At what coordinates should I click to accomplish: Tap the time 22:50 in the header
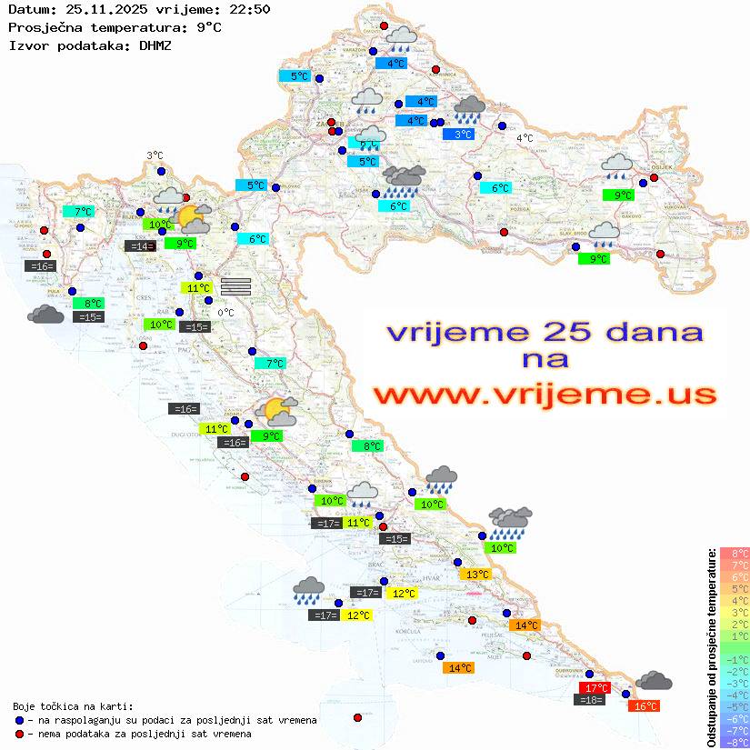(x=251, y=10)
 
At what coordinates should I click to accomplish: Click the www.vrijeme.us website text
(x=544, y=395)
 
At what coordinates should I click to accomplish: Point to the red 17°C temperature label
(x=595, y=688)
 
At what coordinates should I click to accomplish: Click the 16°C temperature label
(x=644, y=706)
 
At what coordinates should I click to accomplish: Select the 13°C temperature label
(x=475, y=575)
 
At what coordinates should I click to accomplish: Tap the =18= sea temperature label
(x=591, y=700)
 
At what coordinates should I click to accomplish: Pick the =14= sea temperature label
(x=139, y=246)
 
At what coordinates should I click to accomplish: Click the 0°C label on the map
(x=225, y=313)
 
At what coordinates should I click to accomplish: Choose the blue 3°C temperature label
(x=463, y=135)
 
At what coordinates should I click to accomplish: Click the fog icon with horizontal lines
(x=235, y=285)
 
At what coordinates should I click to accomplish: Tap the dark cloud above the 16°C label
(x=654, y=680)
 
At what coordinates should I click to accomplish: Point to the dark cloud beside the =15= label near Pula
(x=45, y=315)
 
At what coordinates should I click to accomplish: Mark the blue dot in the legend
(x=20, y=720)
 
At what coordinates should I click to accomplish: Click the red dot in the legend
(x=20, y=734)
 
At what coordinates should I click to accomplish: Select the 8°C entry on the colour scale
(x=735, y=553)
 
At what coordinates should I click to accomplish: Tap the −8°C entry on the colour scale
(x=735, y=743)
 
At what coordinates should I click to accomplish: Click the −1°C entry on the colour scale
(x=735, y=659)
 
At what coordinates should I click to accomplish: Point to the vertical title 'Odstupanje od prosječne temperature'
(x=712, y=647)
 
